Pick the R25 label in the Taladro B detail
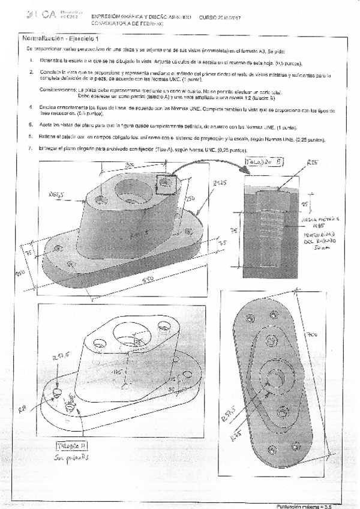click(311, 179)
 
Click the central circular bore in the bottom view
click(277, 379)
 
